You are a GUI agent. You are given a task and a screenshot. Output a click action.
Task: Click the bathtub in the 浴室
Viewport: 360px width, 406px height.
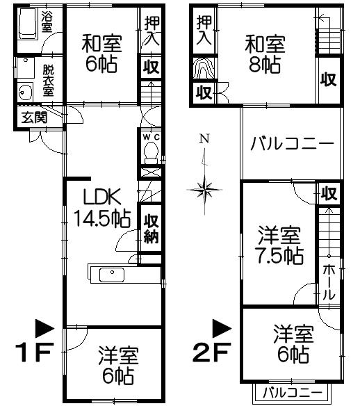click(27, 24)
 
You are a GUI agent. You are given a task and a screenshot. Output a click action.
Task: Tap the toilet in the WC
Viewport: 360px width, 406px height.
click(151, 153)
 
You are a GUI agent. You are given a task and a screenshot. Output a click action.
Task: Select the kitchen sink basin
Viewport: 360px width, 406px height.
click(112, 275)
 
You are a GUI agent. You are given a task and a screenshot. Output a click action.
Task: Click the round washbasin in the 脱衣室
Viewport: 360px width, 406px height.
click(25, 92)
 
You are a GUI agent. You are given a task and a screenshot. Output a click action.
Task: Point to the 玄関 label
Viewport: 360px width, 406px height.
click(34, 117)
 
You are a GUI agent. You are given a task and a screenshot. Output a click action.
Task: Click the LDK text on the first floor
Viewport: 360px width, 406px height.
click(102, 197)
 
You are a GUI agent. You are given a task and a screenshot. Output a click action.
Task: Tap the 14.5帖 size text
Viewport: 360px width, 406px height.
click(102, 219)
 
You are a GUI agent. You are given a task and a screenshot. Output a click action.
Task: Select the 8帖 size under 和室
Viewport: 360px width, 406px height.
click(265, 65)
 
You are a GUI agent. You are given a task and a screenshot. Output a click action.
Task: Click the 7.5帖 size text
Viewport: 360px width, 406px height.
click(279, 256)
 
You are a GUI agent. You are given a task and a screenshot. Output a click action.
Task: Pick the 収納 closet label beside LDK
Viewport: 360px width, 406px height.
click(152, 228)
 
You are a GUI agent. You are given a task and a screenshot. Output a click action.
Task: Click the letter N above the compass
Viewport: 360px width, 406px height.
click(204, 139)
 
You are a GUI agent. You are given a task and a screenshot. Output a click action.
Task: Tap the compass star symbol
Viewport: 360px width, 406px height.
click(205, 190)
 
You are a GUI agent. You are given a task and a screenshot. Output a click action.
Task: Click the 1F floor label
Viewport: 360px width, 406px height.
click(35, 352)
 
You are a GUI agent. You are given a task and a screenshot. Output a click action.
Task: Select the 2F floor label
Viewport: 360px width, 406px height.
click(212, 352)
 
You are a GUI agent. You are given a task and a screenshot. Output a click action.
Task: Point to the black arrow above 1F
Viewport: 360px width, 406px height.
click(44, 328)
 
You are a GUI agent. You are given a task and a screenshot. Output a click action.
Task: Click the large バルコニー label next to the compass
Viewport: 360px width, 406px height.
click(292, 143)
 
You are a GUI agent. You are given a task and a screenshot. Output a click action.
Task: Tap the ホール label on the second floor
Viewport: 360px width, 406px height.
click(329, 282)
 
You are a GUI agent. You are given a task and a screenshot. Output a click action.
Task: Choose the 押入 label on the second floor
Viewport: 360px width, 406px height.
click(204, 31)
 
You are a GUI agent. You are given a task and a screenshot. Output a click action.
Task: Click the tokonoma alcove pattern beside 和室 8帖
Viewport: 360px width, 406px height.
click(204, 68)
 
